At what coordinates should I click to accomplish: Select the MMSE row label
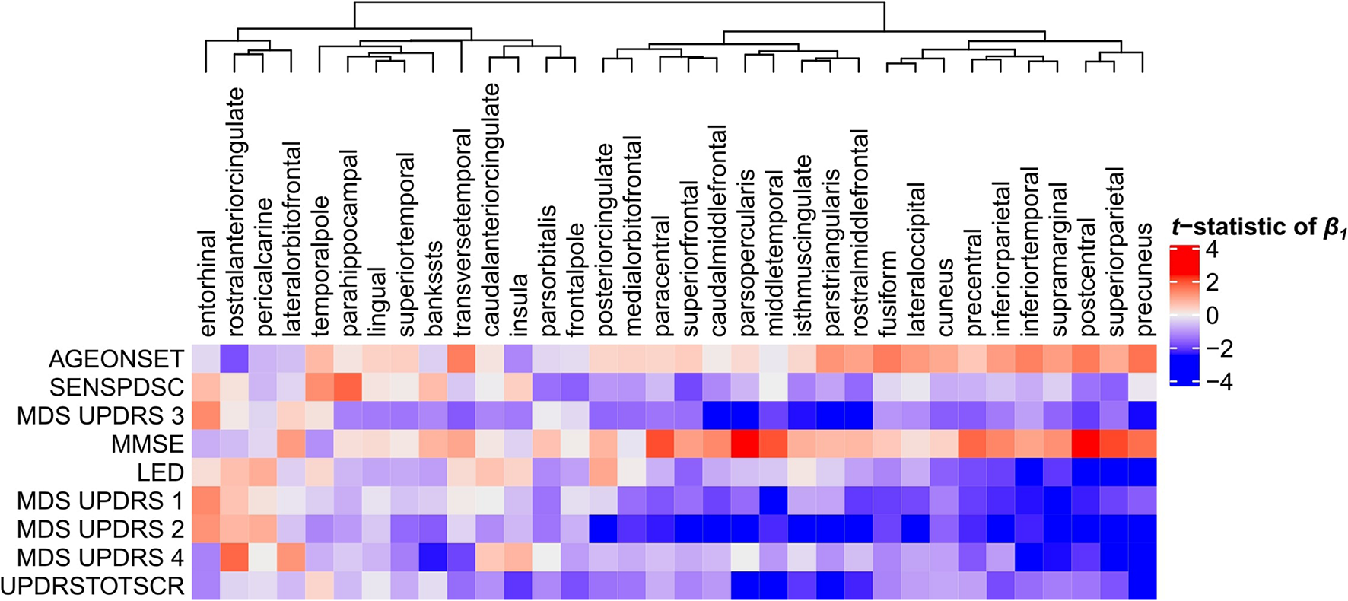tap(147, 444)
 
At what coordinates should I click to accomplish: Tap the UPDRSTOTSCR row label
tap(93, 586)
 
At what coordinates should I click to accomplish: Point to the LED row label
tap(160, 472)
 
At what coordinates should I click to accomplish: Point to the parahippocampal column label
tap(348, 243)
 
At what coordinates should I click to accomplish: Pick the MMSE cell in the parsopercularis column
tap(746, 444)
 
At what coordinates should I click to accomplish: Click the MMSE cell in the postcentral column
tap(1086, 444)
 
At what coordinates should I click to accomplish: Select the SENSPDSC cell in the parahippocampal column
tap(348, 386)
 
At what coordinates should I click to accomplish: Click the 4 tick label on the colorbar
tap(1213, 250)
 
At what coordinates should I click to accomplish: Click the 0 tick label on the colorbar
tap(1213, 315)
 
